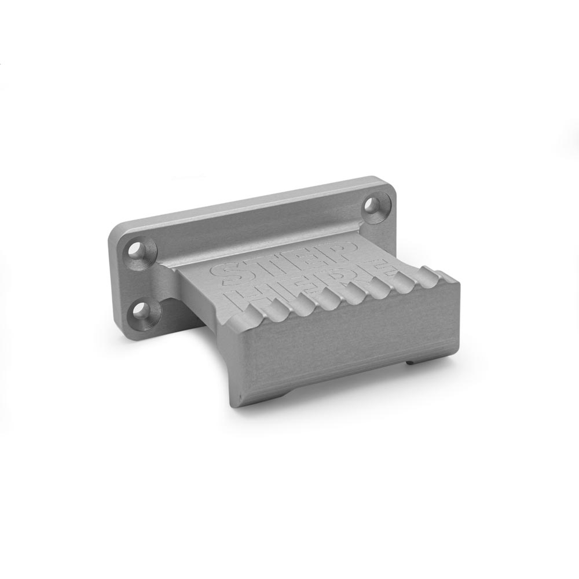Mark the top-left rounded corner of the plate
tap(113, 231)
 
